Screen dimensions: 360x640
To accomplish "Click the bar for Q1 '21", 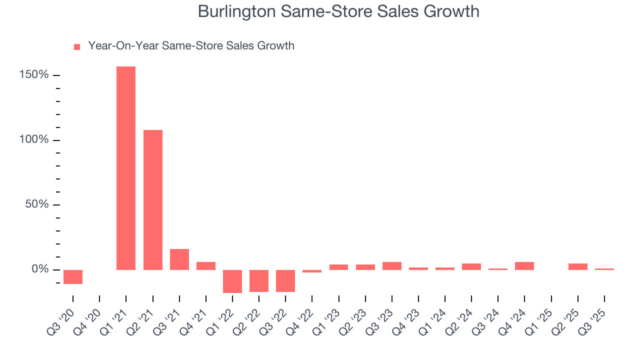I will tap(126, 168).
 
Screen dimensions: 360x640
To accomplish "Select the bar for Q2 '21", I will tap(153, 200).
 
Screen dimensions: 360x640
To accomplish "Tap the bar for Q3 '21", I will tap(179, 259).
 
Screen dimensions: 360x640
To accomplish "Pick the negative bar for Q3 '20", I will tap(73, 277).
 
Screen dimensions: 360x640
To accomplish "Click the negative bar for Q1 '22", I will tap(232, 281).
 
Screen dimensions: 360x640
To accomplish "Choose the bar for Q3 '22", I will tap(285, 280).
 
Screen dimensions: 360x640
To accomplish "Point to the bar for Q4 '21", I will tap(206, 266).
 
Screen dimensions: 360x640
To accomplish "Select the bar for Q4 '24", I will tap(524, 266).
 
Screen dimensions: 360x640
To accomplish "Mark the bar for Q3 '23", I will tap(392, 266).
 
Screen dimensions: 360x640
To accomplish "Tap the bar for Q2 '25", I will tap(578, 266).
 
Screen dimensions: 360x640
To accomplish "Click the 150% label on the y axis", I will tap(34, 75).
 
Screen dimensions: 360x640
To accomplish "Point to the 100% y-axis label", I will tap(34, 139).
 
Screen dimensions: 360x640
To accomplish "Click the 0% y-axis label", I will tap(39, 269).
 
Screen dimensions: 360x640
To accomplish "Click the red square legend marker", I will tap(77, 47).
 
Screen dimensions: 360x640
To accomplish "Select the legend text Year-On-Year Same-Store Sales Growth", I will tap(191, 46).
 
